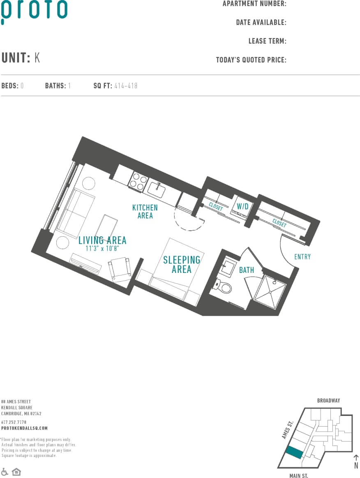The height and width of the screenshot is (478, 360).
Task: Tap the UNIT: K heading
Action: [21, 58]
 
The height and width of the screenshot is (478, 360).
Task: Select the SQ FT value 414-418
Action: [126, 86]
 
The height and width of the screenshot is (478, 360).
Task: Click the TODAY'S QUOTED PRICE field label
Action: [251, 60]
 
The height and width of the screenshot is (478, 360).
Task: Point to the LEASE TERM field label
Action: [267, 41]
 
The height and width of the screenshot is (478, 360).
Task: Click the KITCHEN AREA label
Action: [145, 212]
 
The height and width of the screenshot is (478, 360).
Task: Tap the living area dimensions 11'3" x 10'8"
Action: [102, 249]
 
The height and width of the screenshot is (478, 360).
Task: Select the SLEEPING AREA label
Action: [182, 264]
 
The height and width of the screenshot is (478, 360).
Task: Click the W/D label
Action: [242, 206]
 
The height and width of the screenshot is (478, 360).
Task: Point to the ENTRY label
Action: [302, 257]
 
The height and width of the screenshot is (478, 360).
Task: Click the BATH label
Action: [247, 270]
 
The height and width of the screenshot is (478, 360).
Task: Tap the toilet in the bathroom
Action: [224, 286]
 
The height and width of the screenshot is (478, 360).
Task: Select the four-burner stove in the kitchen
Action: [138, 182]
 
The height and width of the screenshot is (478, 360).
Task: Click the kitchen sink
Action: [157, 190]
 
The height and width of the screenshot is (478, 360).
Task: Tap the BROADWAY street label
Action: [328, 400]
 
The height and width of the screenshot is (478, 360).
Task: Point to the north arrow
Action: [356, 459]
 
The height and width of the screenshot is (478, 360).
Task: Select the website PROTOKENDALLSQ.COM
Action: [24, 428]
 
